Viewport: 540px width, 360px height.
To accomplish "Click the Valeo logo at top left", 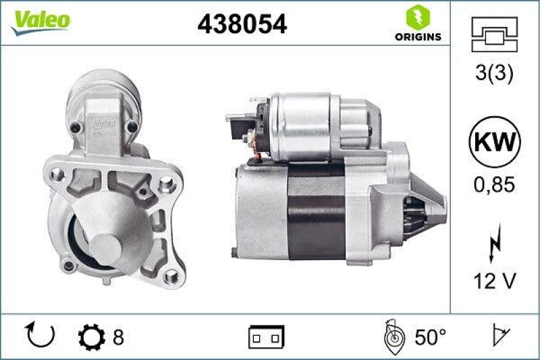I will [39, 20].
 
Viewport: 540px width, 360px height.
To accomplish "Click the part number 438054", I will [242, 24].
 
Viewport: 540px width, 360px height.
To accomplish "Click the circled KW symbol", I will [495, 143].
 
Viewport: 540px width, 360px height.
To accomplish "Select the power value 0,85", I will [495, 183].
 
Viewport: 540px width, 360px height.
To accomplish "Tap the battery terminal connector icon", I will [267, 336].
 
